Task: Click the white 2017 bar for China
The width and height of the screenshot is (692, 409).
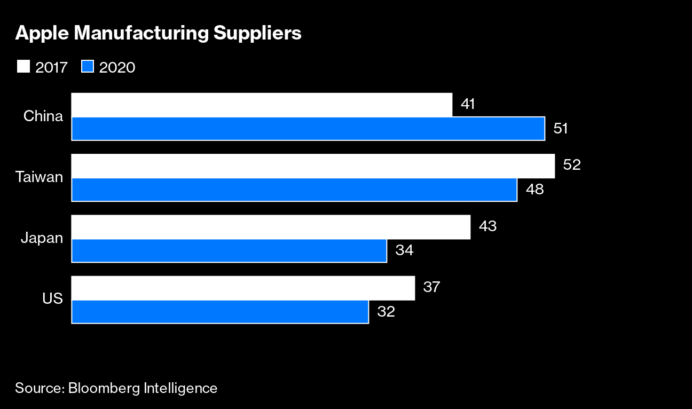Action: [x=262, y=105]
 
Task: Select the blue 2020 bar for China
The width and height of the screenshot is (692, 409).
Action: [x=308, y=129]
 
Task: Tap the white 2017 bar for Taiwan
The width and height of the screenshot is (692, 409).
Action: [x=313, y=166]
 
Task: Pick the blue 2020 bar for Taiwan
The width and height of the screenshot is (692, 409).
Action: [x=294, y=190]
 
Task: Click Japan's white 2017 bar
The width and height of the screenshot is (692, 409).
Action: [x=271, y=227]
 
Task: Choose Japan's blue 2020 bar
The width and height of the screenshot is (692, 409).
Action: [x=229, y=250]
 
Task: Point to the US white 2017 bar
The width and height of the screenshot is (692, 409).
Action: [x=243, y=288]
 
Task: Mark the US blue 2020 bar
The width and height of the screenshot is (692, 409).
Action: [x=220, y=311]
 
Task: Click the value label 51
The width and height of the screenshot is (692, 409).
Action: [x=560, y=129]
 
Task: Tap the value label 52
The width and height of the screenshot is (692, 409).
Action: [x=571, y=165]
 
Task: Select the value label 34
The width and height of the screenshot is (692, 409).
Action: [x=405, y=250]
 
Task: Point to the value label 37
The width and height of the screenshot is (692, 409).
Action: [x=431, y=287]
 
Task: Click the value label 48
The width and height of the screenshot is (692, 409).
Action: [x=534, y=190]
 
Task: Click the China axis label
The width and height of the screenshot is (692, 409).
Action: [x=43, y=116]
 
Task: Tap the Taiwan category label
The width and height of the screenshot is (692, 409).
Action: [x=39, y=177]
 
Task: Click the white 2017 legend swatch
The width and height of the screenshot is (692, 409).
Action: [x=23, y=67]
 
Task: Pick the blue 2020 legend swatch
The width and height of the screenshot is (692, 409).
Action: [x=88, y=67]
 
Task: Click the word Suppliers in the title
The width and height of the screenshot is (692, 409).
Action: [x=257, y=34]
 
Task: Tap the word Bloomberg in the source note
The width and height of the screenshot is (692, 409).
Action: [x=104, y=388]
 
